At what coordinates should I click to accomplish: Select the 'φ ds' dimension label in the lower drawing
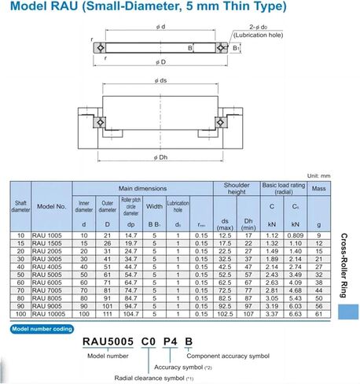162,81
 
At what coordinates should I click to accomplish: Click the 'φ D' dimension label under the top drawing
163,61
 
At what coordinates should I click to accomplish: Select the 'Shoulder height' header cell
231,189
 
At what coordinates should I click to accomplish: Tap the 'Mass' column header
319,189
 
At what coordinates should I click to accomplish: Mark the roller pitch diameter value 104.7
131,314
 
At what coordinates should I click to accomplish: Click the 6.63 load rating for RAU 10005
294,314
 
